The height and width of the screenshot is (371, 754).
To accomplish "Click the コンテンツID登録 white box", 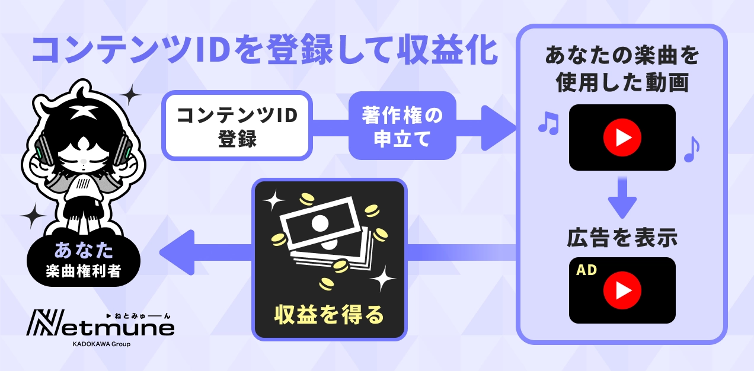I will point(237,125).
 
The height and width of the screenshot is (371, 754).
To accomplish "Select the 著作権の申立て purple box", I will point(402,125).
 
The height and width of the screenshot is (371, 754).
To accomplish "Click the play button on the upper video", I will point(622,137).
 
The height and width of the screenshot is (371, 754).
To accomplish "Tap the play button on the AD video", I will point(622,290).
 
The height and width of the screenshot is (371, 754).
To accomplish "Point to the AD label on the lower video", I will point(587,270).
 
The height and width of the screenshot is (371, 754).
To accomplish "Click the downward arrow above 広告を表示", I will point(622,199).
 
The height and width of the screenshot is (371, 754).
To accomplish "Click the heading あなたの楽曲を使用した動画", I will point(622,70).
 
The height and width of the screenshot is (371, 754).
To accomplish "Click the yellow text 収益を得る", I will point(329,314).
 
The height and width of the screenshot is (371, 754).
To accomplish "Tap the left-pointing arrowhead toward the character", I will point(178,252).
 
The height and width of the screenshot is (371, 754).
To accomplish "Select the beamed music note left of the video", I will point(548,122).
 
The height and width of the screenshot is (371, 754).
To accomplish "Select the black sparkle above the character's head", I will point(131,94).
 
